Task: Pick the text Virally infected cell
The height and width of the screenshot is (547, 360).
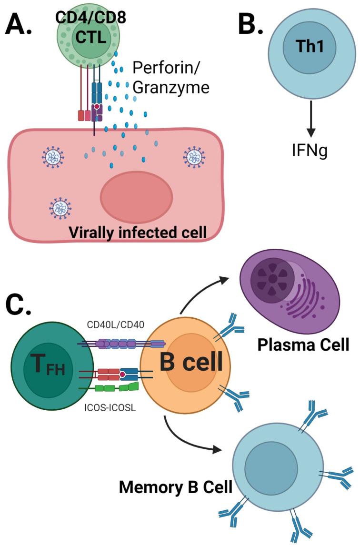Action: (137, 232)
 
